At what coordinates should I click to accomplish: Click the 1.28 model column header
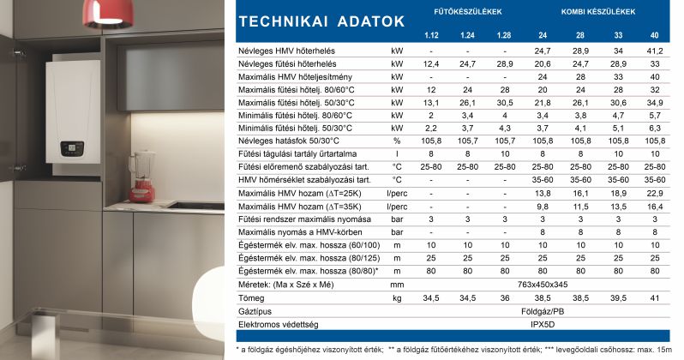tap(505, 34)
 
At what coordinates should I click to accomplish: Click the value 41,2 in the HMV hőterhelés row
tap(655, 51)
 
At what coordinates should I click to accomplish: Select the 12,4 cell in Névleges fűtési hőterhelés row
tap(431, 64)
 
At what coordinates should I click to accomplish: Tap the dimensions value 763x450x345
tap(543, 284)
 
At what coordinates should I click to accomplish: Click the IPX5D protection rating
tap(543, 325)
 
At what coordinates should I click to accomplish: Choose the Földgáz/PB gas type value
tap(543, 311)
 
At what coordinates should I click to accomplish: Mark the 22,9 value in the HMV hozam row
tap(655, 195)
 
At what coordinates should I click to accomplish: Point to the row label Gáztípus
tap(255, 311)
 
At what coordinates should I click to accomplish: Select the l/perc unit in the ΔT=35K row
tap(397, 207)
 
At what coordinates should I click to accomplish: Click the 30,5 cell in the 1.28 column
tap(505, 103)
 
